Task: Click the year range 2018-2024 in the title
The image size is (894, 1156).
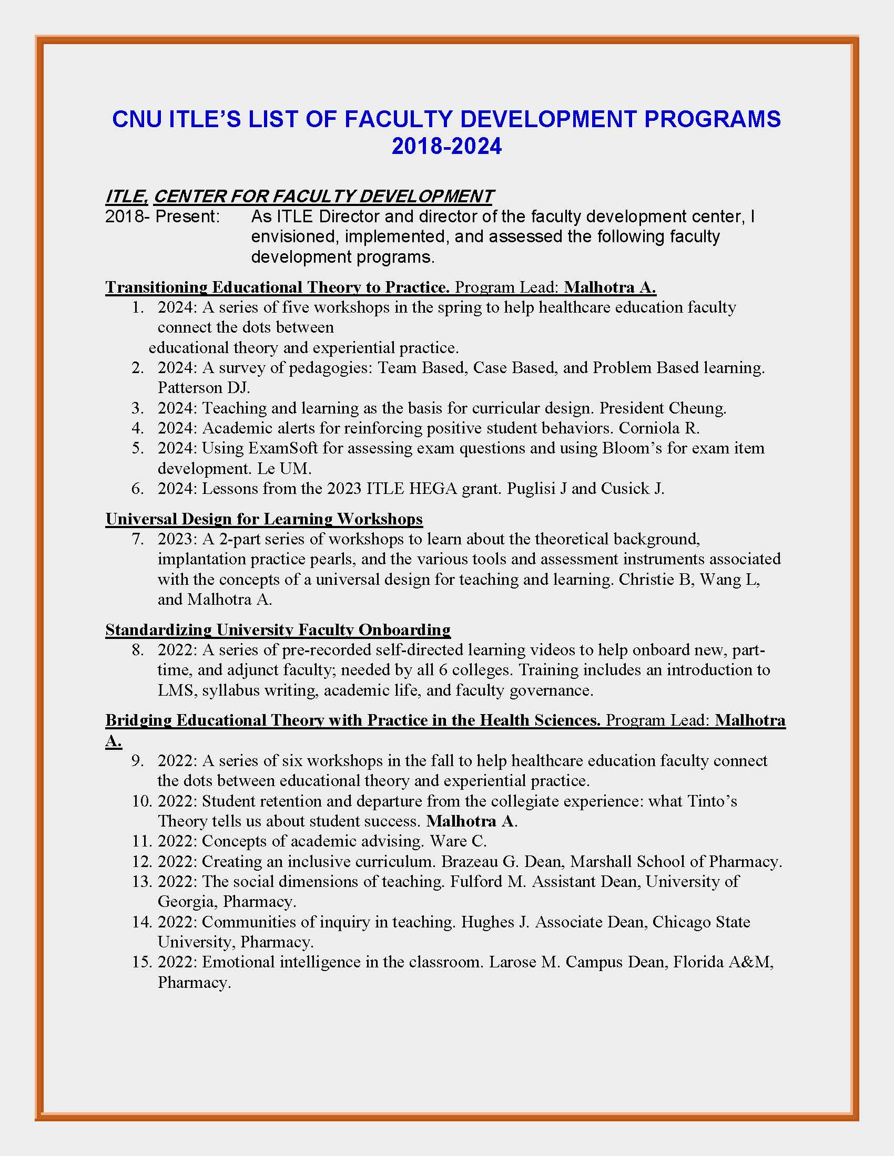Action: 446,146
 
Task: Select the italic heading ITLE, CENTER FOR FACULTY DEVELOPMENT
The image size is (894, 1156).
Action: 299,197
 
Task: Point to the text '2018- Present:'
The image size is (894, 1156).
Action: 162,216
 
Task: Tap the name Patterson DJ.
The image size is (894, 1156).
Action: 204,387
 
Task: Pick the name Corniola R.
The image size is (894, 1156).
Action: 659,428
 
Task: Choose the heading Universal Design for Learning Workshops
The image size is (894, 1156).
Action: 264,519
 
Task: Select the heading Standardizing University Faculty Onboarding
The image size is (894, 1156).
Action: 278,629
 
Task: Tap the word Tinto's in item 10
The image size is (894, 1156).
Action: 712,801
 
